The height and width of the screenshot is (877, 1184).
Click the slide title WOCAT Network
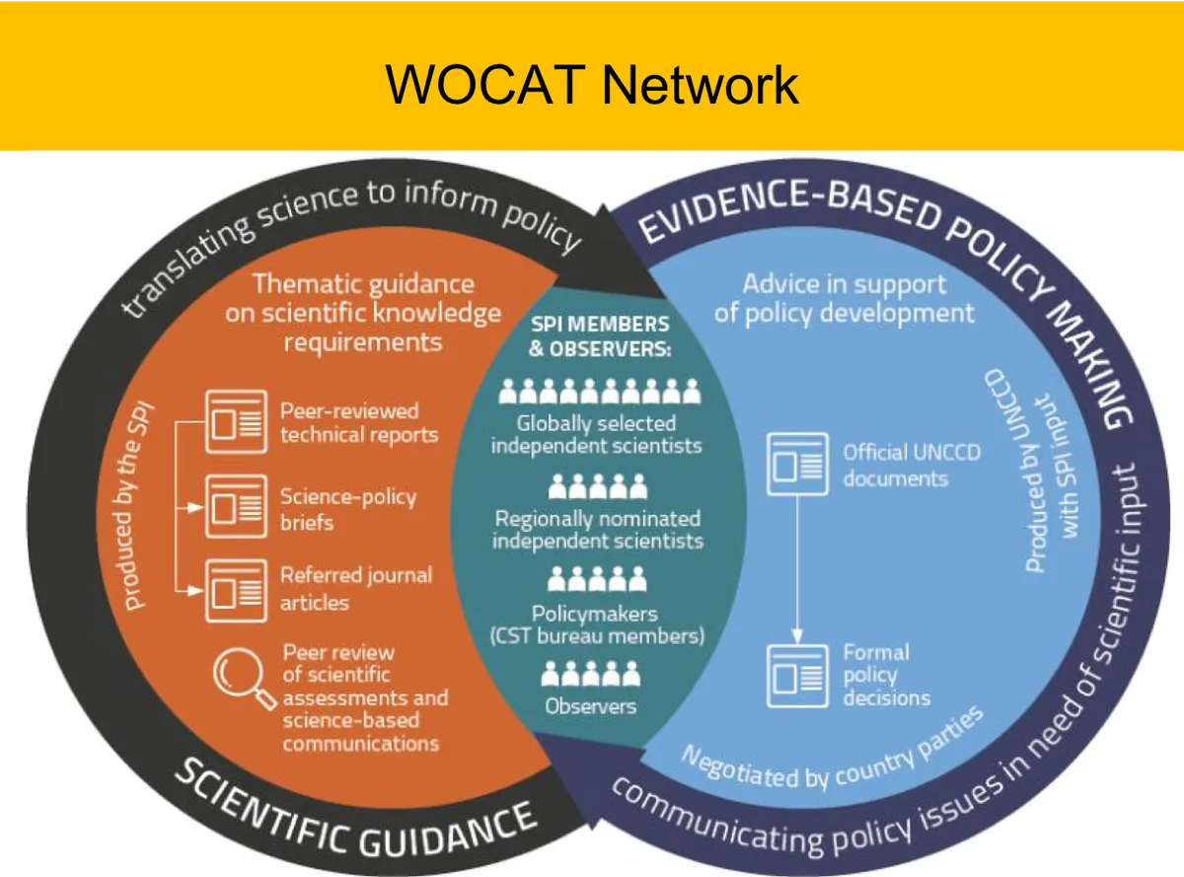(591, 84)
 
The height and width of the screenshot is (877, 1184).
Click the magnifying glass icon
(244, 680)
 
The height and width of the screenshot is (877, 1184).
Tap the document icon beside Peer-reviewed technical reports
(236, 422)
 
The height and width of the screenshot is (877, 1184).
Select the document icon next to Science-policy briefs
(236, 506)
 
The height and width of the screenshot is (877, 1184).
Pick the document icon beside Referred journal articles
(236, 590)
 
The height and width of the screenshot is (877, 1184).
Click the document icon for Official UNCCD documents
(798, 465)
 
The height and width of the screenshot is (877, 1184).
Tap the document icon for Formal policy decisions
(798, 675)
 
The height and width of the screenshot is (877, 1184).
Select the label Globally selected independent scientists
(597, 434)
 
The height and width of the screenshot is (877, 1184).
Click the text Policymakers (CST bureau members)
(597, 624)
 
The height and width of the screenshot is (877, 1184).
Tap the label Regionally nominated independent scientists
(597, 530)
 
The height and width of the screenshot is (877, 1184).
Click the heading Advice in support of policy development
(844, 299)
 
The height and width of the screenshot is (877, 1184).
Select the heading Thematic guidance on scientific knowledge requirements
(363, 313)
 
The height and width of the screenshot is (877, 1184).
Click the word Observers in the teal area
(591, 705)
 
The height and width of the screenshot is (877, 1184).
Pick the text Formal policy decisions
(886, 675)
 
